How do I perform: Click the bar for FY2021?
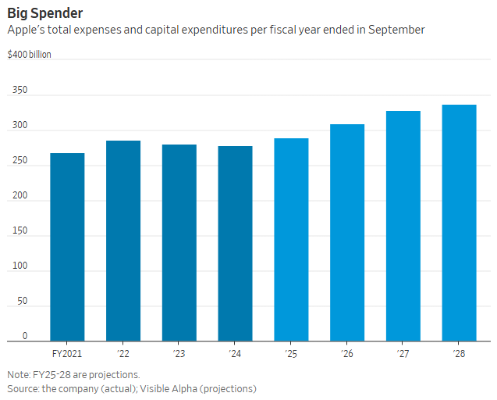point(67,247)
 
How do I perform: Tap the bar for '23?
point(179,243)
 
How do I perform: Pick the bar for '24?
point(236,244)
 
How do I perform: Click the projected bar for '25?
point(292,240)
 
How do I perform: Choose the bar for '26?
point(347,233)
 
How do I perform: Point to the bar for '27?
point(403,226)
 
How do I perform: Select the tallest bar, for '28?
point(460,223)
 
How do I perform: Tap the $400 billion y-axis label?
point(30,55)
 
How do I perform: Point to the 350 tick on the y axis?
point(19,91)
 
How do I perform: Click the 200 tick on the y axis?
point(19,196)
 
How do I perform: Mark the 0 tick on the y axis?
point(24,336)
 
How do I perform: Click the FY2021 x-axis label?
point(67,354)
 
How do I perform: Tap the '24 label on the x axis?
point(236,354)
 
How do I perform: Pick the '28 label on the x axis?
point(460,354)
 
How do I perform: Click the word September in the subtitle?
point(398,30)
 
